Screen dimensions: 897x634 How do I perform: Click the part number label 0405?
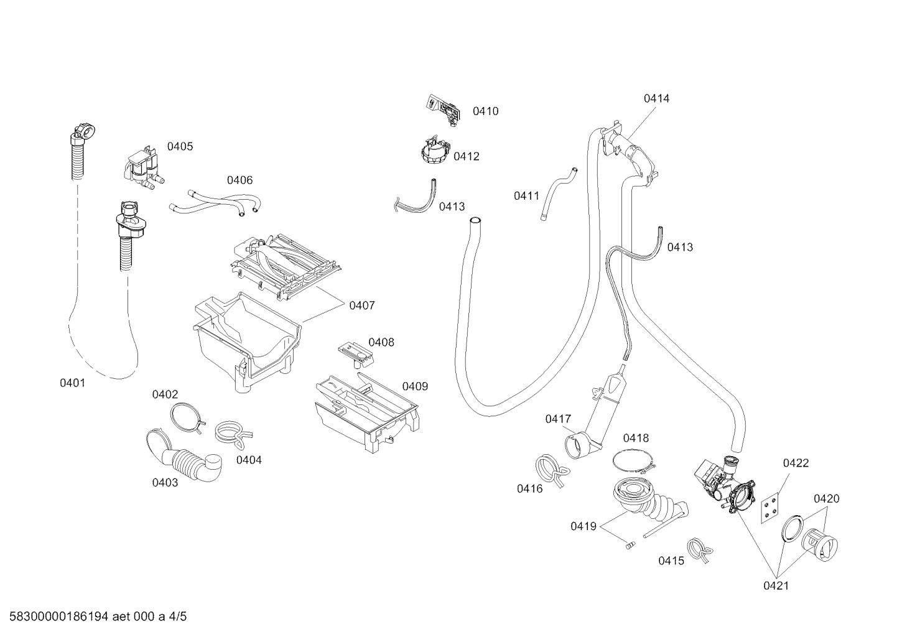(180, 147)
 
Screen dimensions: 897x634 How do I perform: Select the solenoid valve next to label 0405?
(142, 170)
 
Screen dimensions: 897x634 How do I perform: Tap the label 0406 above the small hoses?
(240, 180)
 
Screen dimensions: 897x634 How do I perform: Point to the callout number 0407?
(362, 305)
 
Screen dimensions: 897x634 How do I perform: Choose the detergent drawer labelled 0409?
(367, 413)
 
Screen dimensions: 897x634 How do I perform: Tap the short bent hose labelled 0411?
(559, 193)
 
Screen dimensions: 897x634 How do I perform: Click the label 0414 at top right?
(657, 98)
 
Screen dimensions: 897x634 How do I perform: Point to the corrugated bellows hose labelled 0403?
(185, 457)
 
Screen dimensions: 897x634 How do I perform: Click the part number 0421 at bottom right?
(776, 586)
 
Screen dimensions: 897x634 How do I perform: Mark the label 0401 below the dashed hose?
(73, 383)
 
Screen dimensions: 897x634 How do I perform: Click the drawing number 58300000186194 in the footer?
(59, 617)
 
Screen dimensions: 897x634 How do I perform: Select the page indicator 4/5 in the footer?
(178, 617)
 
